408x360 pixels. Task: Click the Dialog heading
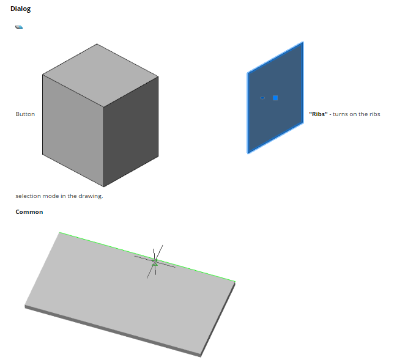(21, 9)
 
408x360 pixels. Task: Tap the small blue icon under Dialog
(19, 27)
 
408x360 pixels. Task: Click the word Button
(25, 114)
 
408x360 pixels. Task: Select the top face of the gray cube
(100, 75)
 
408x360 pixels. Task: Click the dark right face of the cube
(131, 133)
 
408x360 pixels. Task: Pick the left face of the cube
(73, 130)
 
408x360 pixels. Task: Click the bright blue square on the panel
(275, 98)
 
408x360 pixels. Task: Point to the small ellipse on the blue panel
(262, 98)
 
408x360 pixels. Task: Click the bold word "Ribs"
(318, 114)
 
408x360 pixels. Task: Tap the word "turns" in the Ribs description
(340, 114)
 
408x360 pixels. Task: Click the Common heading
(29, 212)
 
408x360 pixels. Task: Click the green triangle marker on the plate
(155, 264)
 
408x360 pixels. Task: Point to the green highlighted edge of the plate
(147, 257)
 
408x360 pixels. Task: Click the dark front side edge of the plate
(113, 331)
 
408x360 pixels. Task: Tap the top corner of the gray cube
(97, 44)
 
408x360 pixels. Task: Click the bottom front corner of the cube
(103, 186)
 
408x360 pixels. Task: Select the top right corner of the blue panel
(303, 42)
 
